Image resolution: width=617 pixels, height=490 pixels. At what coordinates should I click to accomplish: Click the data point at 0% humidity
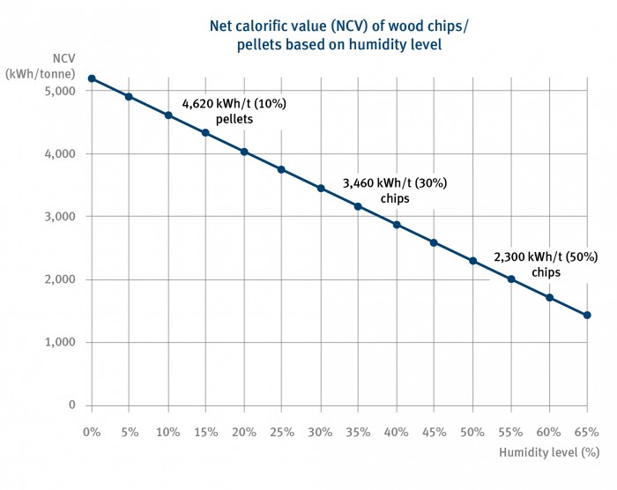91,78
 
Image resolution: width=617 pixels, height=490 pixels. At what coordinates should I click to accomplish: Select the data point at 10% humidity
167,115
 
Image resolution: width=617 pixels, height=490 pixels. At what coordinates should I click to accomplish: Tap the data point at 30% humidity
321,188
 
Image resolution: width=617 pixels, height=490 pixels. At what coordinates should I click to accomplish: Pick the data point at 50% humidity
473,261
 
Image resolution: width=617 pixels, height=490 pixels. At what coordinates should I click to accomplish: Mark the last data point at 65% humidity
587,315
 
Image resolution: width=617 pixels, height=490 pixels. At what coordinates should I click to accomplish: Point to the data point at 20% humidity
244,152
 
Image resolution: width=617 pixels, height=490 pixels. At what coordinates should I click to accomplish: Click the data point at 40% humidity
397,225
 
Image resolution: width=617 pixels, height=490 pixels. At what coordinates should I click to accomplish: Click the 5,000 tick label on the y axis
61,91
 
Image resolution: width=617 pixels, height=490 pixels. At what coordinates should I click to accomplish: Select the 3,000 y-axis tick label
61,217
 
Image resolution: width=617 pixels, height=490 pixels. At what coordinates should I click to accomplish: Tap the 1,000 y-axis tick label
61,343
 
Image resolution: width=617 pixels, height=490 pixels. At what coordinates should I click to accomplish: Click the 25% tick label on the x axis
282,432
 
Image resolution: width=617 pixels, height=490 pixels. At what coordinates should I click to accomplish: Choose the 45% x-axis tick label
435,432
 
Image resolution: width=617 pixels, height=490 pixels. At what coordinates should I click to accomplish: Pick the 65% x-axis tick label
587,432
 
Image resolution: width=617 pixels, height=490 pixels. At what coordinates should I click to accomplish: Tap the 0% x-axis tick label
91,432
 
